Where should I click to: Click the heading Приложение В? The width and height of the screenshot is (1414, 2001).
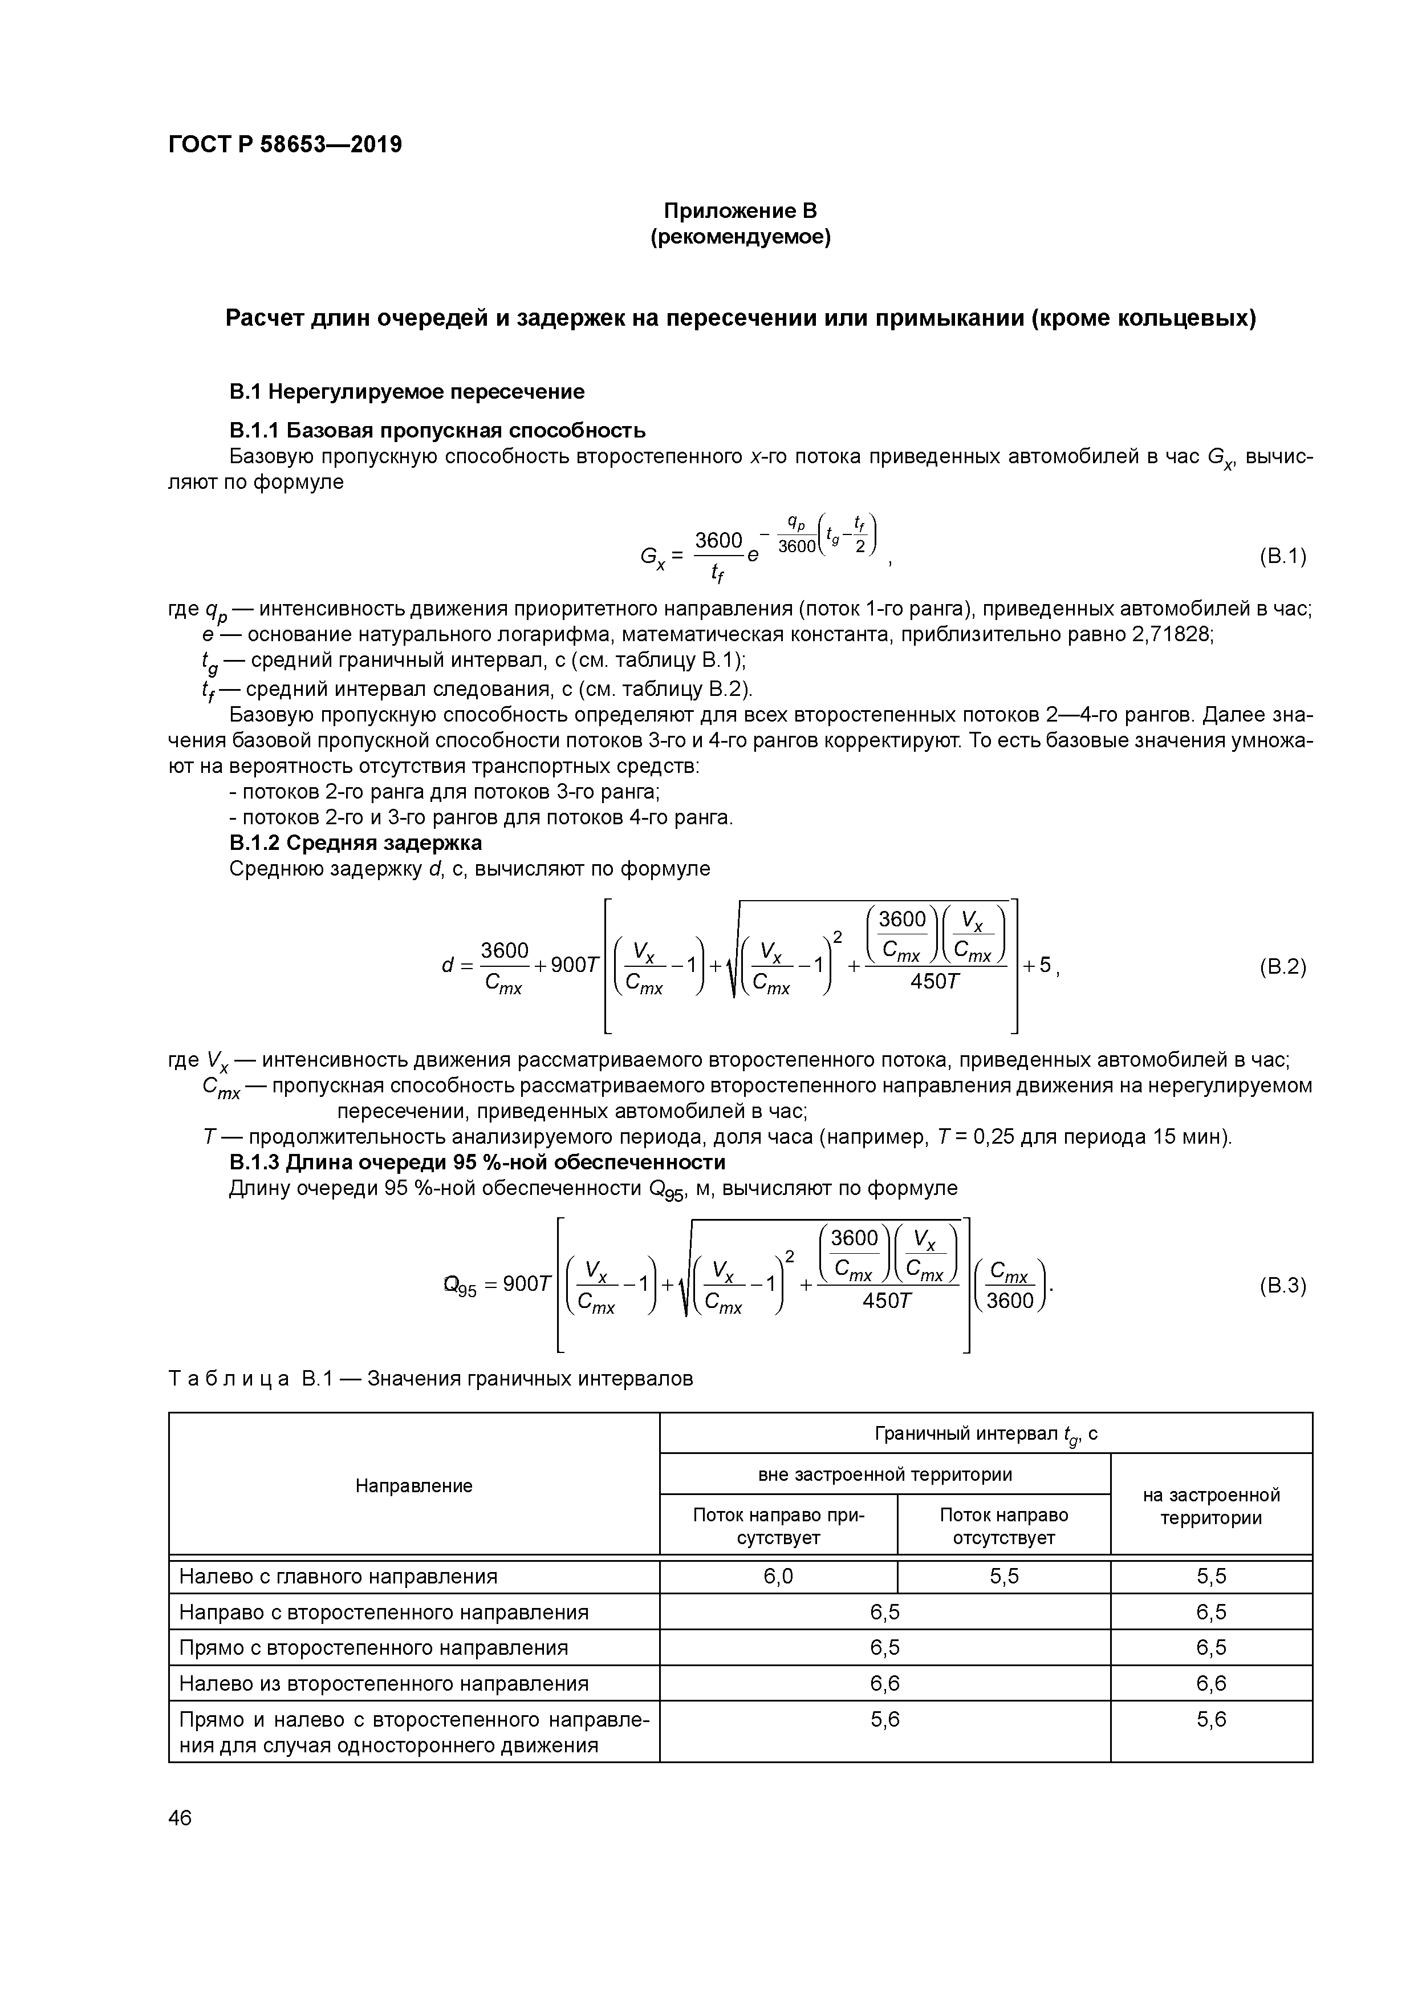coord(741,211)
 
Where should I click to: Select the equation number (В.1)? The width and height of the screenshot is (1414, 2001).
coord(1282,556)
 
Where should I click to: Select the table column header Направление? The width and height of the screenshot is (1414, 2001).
coord(414,1486)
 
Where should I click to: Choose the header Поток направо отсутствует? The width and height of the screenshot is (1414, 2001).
coord(1003,1526)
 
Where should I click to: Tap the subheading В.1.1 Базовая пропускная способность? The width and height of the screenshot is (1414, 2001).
coord(437,431)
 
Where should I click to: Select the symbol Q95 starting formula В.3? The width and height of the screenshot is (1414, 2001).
coord(460,1286)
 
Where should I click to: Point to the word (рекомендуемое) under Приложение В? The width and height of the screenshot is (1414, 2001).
coord(741,237)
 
